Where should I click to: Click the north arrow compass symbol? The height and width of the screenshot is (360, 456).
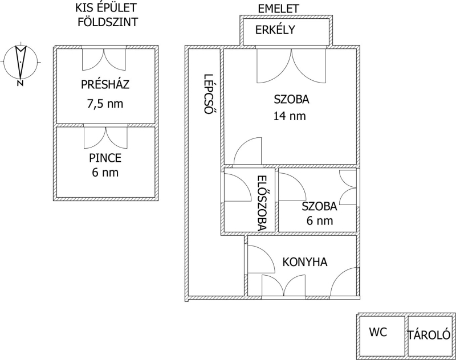click(x=21, y=62)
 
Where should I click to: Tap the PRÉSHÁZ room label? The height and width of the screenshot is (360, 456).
click(x=105, y=84)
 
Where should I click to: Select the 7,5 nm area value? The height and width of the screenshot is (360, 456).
click(x=105, y=104)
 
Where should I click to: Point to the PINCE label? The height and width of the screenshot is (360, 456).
click(x=105, y=158)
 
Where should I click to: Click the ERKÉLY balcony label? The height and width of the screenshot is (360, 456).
click(x=275, y=30)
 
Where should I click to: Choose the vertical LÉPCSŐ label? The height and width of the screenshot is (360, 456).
click(x=207, y=94)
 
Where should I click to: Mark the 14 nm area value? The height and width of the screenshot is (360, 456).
click(x=290, y=116)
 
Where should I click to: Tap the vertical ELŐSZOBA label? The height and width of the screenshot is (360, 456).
click(x=262, y=203)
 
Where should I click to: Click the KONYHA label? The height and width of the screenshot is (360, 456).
click(x=305, y=262)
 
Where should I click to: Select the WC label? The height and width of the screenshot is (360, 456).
click(x=378, y=332)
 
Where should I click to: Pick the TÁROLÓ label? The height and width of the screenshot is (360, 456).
click(x=429, y=336)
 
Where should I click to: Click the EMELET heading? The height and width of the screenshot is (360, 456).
click(x=278, y=9)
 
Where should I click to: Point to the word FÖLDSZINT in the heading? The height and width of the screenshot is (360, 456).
click(x=108, y=22)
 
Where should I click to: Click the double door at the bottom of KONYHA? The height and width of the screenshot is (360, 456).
click(x=284, y=285)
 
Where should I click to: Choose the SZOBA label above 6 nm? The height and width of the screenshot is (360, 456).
click(x=319, y=206)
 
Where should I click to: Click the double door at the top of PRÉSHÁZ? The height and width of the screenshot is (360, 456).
click(x=104, y=59)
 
